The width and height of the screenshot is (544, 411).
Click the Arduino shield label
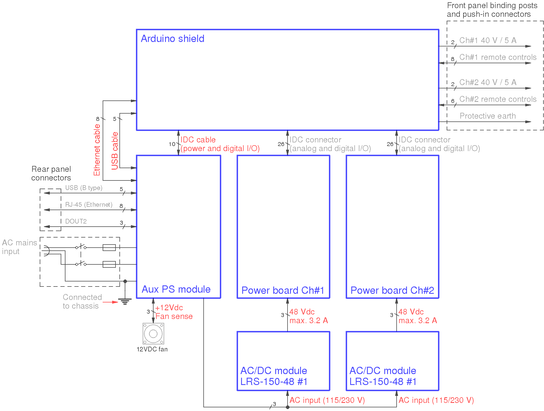172,39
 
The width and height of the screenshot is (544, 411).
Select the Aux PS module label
176,289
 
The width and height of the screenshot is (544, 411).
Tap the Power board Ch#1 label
283,290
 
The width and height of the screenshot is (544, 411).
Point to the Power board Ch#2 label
392,290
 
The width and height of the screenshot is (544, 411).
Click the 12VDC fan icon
153,334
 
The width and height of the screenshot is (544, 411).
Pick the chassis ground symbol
125,302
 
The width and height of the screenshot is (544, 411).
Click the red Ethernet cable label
97,150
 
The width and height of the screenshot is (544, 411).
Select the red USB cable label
115,151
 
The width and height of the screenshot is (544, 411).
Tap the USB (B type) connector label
84,188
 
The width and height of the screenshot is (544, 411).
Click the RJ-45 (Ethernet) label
89,205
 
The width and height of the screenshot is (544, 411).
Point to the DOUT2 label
76,221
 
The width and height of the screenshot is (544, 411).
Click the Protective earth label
488,116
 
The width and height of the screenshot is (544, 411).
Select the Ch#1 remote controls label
498,57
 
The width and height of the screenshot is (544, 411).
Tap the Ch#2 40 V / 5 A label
488,82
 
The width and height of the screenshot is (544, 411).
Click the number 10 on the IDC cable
172,144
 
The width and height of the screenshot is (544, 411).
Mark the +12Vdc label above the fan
169,308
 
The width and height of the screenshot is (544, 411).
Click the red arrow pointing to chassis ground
111,302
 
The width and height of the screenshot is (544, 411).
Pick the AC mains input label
19,247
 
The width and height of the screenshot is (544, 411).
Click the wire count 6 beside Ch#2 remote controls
453,101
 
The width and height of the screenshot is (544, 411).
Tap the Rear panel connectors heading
51,173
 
